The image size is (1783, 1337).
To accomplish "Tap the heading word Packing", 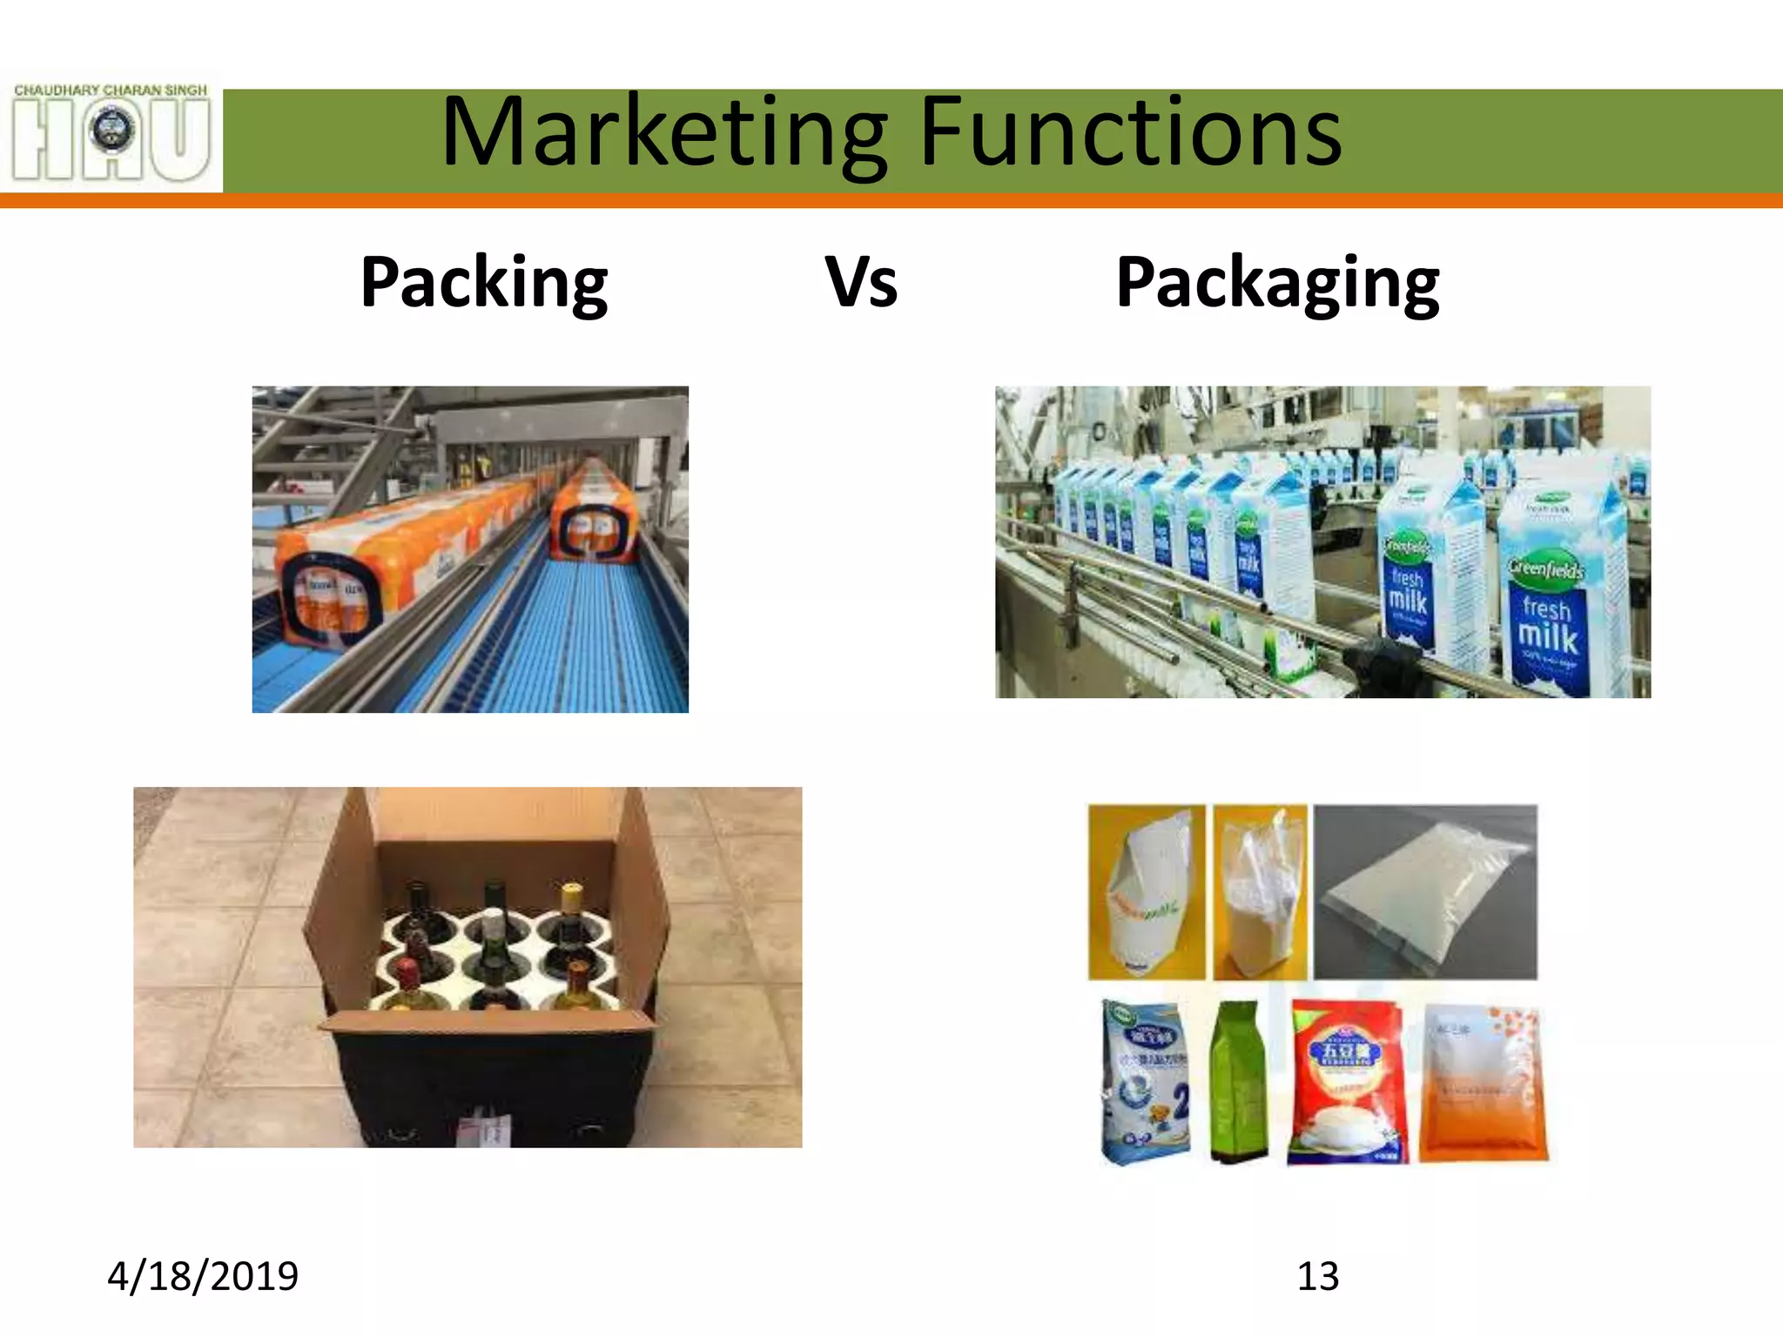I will tap(484, 282).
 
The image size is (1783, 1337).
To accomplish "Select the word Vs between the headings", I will tap(861, 282).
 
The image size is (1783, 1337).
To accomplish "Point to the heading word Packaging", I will tap(1277, 282).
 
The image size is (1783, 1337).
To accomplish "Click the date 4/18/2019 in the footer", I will tap(203, 1276).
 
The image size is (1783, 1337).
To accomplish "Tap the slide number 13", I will tap(1317, 1276).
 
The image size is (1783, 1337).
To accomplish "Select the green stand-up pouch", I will tap(1238, 1084).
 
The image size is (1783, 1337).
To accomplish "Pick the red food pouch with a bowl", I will tap(1347, 1084).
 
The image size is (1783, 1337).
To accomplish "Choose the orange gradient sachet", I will tap(1484, 1084).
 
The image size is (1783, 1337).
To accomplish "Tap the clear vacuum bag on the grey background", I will tap(1425, 892).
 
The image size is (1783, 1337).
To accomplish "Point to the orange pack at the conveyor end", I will tap(594, 514).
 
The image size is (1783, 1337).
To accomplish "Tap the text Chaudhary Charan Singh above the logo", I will tap(111, 90).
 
